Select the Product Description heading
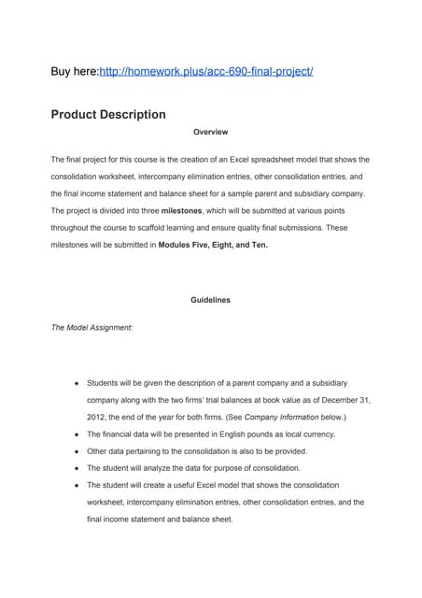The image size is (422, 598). (107, 115)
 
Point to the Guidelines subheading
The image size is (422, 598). (210, 300)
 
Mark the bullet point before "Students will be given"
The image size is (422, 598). (74, 383)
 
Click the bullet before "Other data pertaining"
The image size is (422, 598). (74, 451)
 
